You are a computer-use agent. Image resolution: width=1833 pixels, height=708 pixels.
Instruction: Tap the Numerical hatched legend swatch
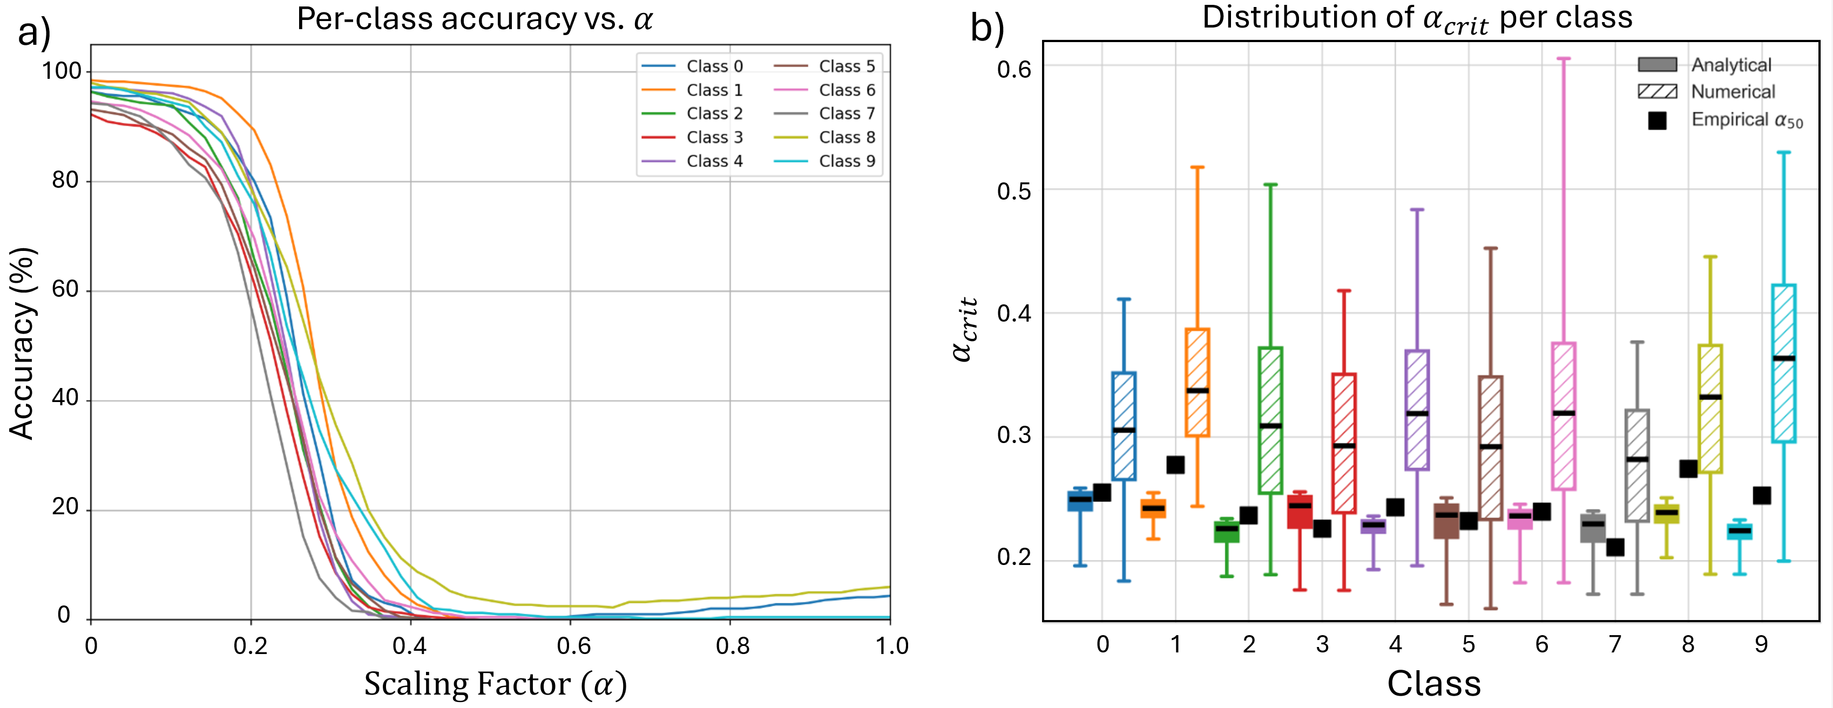click(1657, 91)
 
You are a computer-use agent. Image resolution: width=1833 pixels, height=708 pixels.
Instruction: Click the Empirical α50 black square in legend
click(1657, 120)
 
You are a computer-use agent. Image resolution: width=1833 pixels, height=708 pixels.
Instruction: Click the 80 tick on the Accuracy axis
click(65, 181)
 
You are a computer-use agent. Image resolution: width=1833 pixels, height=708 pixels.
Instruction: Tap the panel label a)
click(34, 32)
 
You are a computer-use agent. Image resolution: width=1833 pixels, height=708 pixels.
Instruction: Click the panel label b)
click(987, 29)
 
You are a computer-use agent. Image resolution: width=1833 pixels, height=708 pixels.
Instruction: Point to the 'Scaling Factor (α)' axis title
click(496, 684)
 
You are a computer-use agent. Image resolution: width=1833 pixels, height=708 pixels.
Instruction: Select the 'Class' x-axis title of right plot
click(1434, 683)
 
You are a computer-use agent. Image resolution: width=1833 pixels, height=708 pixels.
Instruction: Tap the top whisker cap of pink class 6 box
click(1564, 58)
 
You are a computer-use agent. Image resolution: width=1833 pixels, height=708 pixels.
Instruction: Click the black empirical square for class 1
click(1175, 465)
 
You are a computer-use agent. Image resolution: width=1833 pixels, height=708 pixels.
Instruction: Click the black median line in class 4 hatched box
click(1417, 413)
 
